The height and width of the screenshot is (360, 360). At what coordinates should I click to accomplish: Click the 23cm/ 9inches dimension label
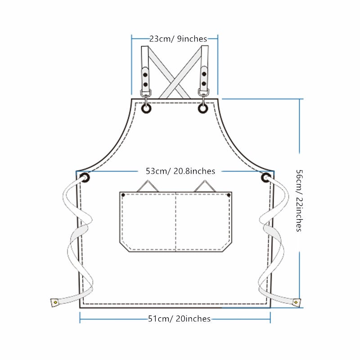point(178,39)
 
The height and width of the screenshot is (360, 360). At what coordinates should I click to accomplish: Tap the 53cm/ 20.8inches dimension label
point(180,171)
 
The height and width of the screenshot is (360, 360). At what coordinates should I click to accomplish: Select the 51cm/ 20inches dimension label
point(179,319)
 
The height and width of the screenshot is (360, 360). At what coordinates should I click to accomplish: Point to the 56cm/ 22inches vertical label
point(299,200)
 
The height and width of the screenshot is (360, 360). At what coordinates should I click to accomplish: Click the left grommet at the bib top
point(146,108)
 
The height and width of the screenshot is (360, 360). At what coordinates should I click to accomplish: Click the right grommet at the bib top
point(203,108)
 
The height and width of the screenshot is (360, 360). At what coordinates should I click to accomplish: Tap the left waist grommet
point(85,177)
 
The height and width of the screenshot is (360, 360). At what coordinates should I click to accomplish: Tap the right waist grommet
point(266,177)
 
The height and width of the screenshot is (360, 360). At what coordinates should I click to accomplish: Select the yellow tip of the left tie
point(55,302)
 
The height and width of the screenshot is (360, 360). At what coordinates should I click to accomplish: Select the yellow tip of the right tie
point(296,302)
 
